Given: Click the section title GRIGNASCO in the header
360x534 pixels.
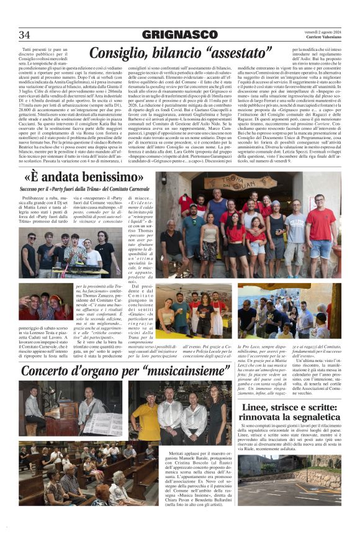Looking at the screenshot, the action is tap(179, 35).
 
